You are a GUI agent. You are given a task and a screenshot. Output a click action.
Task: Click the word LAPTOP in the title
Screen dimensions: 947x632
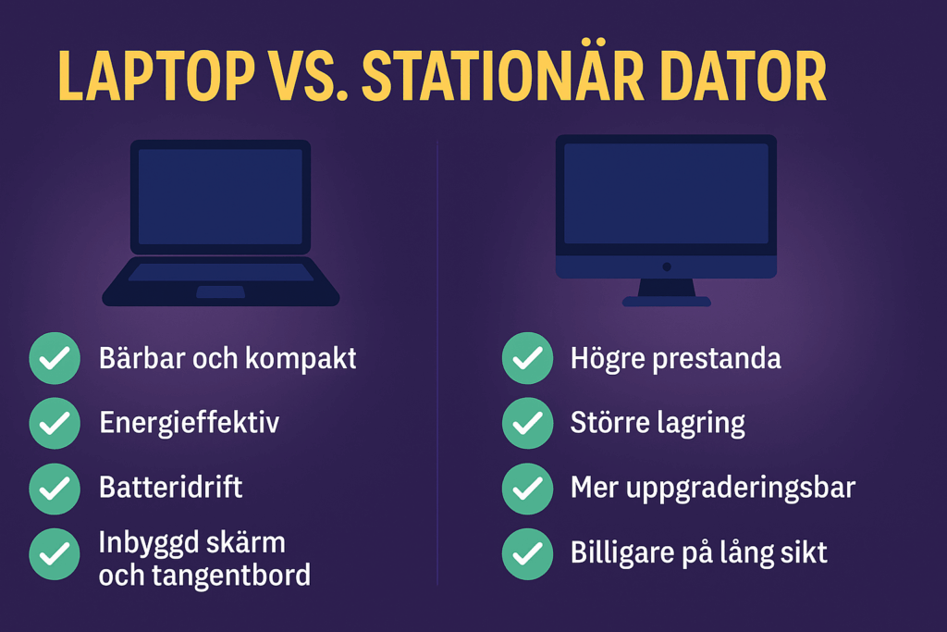(x=156, y=76)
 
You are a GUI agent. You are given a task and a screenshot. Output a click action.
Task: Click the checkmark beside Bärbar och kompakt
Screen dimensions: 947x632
(x=55, y=358)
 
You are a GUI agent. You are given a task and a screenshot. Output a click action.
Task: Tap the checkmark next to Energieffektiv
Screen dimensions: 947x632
(x=55, y=423)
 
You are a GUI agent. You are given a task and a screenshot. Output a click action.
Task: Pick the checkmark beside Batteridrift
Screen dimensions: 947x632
(x=55, y=489)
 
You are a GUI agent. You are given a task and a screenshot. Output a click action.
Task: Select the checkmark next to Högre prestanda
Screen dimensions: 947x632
(x=527, y=358)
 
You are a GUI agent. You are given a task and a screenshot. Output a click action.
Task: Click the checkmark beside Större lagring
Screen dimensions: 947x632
(x=527, y=423)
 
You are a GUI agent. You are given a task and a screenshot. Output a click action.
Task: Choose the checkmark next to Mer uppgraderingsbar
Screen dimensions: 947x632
(x=527, y=489)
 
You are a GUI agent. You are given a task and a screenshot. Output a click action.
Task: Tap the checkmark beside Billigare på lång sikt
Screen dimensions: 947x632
(x=527, y=554)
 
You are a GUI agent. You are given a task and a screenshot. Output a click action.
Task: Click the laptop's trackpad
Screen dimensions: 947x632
(x=220, y=291)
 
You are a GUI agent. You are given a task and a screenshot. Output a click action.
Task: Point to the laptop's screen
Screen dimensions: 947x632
(x=220, y=197)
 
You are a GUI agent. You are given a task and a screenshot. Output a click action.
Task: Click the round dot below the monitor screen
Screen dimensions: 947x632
(x=667, y=266)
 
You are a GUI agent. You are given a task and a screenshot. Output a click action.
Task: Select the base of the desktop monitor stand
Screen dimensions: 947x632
(x=667, y=301)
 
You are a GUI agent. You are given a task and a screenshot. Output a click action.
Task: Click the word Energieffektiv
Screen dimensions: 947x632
(x=189, y=423)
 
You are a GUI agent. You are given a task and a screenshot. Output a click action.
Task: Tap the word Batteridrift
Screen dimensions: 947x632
(x=170, y=487)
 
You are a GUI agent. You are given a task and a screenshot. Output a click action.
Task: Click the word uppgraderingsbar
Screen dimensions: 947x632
(x=741, y=489)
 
